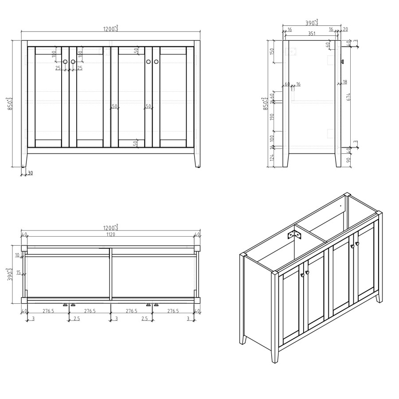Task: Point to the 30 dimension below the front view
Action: tap(30, 173)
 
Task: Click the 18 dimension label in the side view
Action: tap(344, 82)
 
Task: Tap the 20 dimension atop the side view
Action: tap(345, 29)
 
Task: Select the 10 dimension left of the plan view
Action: tap(17, 255)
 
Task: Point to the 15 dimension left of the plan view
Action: tap(18, 273)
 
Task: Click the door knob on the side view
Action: tap(342, 62)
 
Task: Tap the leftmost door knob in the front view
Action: tap(65, 62)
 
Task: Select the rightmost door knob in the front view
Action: tap(156, 62)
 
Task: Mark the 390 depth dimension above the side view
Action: tap(312, 22)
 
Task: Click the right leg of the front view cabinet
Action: tap(197, 160)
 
